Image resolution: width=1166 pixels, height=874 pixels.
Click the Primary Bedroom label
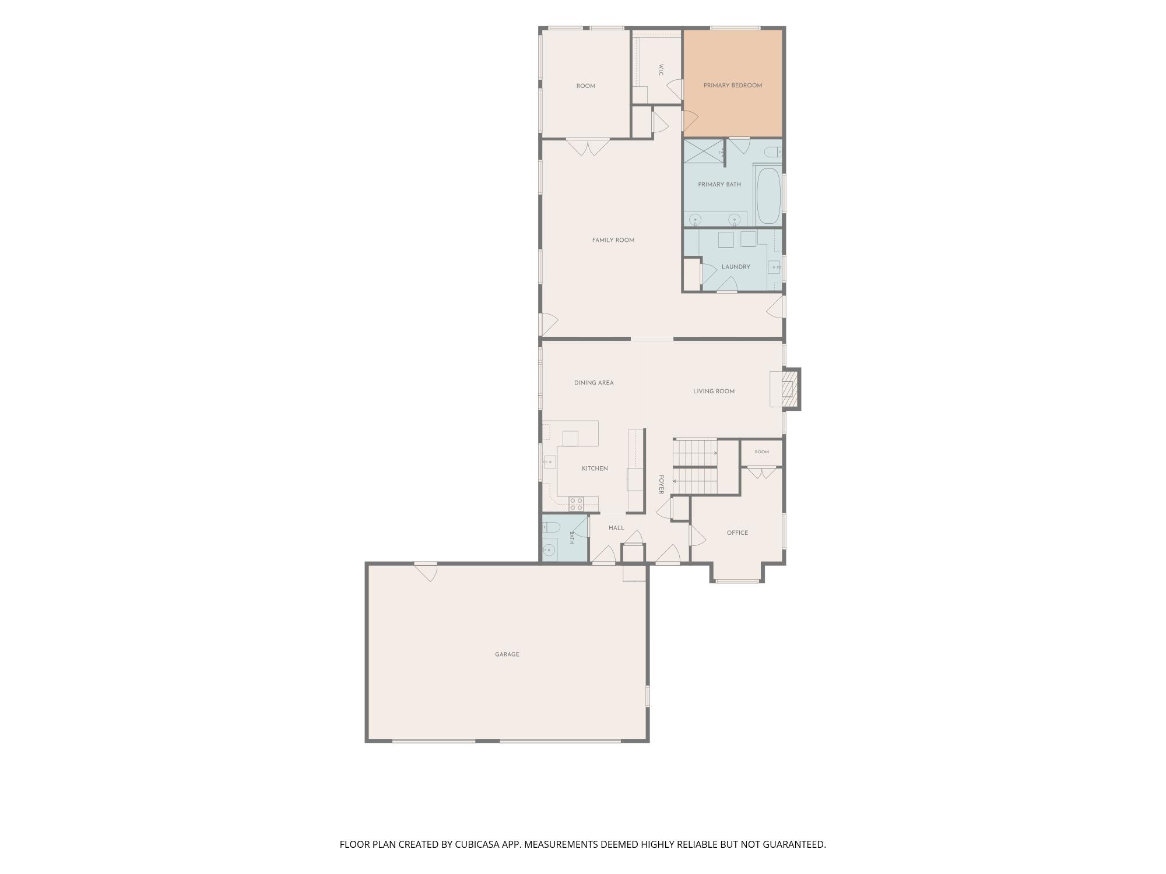[x=732, y=86]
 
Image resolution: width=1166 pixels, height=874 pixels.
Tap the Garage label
[x=507, y=654]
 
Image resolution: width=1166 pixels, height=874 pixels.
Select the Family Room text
[x=613, y=240]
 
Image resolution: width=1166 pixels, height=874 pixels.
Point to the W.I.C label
[x=661, y=69]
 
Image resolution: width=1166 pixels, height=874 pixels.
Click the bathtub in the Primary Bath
[x=768, y=196]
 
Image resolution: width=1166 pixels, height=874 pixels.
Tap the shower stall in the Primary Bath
[x=704, y=151]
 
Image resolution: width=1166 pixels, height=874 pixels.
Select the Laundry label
[x=736, y=267]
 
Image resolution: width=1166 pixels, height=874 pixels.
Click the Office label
[x=737, y=533]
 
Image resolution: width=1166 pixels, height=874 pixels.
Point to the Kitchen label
[x=595, y=468]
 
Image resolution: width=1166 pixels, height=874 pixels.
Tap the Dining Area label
[x=593, y=383]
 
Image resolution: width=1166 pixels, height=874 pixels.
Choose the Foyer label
[x=661, y=484]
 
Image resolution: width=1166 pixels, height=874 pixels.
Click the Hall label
[x=616, y=528]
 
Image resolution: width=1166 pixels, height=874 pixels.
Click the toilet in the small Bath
[x=552, y=527]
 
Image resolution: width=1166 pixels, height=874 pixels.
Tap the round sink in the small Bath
[x=549, y=549]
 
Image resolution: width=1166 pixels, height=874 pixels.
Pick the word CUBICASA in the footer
[x=479, y=844]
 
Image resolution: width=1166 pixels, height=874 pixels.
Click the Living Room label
[x=714, y=392]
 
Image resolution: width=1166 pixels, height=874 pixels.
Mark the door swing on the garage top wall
[x=427, y=572]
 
